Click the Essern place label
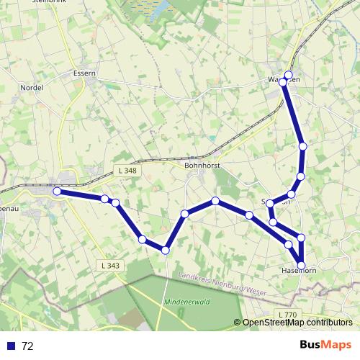pos(85,73)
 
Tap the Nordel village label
pos(32,88)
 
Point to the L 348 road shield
pos(126,171)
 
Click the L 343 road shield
pos(111,266)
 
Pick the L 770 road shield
pos(287,315)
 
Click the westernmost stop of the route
pos(57,191)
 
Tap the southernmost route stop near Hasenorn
pos(301,265)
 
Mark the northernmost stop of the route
pos(289,75)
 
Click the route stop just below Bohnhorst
pos(215,201)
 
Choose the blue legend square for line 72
pos(11,346)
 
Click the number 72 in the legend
pos(28,346)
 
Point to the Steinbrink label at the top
pos(47,2)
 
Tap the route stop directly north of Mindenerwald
pos(166,251)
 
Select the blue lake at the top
pos(160,9)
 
